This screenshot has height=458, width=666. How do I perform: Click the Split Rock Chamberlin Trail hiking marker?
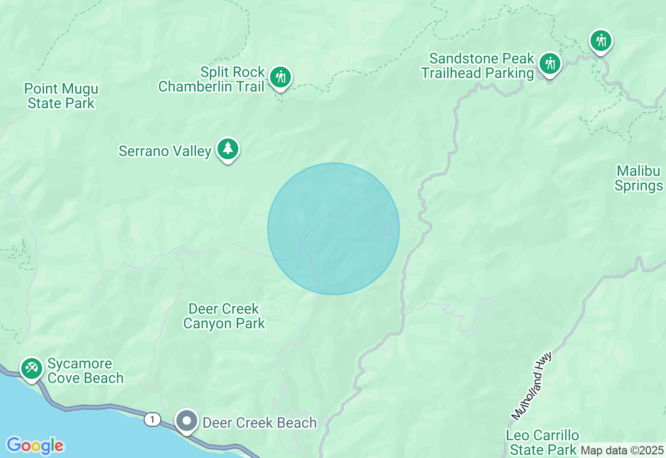[280, 78]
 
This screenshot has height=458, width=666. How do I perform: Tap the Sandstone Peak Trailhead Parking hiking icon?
[550, 63]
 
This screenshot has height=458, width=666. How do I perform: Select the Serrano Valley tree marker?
[227, 149]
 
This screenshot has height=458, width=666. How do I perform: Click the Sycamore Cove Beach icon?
[31, 368]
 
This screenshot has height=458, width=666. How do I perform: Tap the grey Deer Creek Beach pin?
[186, 421]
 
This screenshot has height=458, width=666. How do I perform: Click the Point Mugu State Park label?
[61, 96]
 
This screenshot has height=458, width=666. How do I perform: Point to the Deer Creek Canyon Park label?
[224, 316]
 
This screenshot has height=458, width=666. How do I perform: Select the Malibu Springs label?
[639, 179]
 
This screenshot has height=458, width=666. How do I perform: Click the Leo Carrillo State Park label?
[543, 442]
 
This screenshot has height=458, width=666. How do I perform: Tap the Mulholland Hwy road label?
[531, 386]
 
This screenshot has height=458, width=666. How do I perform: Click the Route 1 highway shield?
[152, 419]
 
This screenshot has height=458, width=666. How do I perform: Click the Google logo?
[35, 446]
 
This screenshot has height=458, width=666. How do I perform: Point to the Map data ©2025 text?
[622, 450]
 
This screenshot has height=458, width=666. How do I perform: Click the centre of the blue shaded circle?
[334, 229]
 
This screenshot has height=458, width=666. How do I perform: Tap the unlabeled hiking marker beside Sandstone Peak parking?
[601, 41]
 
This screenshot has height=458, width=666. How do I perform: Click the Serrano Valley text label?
[165, 151]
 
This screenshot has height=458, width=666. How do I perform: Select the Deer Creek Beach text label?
[260, 423]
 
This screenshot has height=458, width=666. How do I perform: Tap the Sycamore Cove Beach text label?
[85, 371]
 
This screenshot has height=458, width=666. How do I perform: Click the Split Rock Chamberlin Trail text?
[212, 79]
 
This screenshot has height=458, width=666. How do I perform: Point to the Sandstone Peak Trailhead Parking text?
[478, 66]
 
